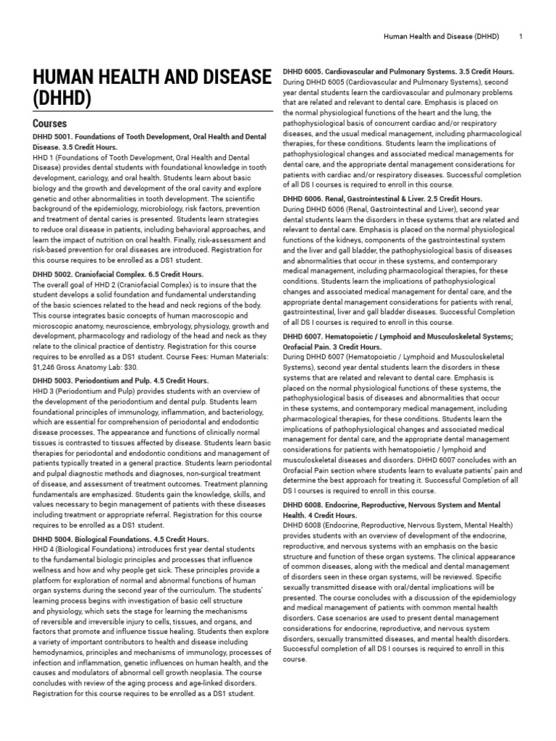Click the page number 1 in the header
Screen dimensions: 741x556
coord(522,35)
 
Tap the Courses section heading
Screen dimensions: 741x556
coord(50,124)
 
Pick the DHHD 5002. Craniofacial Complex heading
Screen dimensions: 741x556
coord(119,274)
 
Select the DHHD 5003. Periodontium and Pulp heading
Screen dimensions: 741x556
coord(121,380)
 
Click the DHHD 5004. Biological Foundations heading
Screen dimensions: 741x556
coord(121,539)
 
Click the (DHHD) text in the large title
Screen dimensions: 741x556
coord(62,97)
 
